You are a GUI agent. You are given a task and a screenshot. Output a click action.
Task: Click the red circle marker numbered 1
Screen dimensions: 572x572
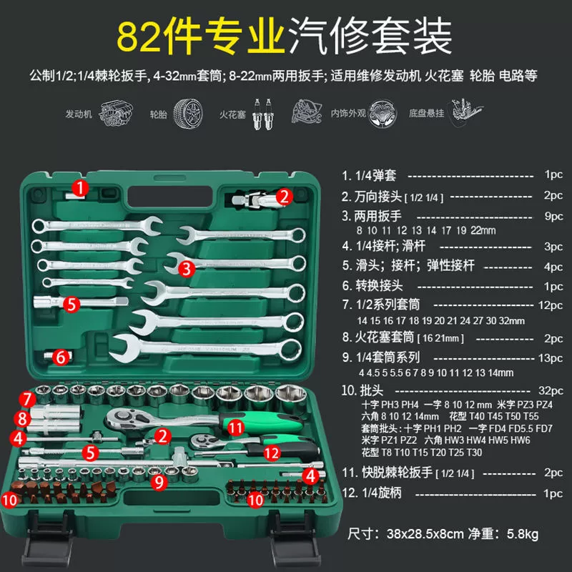point(80,188)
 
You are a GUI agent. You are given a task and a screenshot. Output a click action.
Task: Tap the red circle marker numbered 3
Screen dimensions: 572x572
point(187,269)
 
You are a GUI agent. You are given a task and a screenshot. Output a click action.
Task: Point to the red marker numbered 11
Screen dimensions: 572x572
point(235,427)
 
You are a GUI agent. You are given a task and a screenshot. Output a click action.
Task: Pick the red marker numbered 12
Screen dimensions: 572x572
point(272,453)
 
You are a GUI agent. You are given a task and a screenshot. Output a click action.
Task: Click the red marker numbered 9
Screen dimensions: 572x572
point(159,482)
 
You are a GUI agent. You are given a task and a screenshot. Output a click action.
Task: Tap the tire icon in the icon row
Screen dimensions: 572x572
point(187,114)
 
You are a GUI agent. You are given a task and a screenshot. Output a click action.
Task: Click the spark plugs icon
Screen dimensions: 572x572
point(263,114)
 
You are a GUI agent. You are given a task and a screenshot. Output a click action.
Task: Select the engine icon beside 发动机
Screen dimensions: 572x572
point(116,114)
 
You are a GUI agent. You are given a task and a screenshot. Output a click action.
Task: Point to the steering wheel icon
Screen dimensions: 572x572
point(382,114)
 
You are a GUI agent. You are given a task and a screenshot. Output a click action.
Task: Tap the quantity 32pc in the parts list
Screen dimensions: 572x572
point(551,390)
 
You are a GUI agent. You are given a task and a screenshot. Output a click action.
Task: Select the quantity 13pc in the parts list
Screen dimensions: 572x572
point(551,358)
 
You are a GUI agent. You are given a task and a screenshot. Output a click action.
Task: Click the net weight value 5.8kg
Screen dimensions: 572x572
point(523,534)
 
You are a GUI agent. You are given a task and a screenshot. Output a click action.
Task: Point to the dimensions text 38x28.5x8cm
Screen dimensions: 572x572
point(425,534)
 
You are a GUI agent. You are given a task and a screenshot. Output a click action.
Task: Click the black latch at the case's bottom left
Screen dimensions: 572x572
point(47,539)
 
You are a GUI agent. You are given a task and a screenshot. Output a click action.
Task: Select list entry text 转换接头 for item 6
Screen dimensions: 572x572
point(379,285)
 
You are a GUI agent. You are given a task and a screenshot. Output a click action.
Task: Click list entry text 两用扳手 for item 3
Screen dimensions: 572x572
point(378,216)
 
